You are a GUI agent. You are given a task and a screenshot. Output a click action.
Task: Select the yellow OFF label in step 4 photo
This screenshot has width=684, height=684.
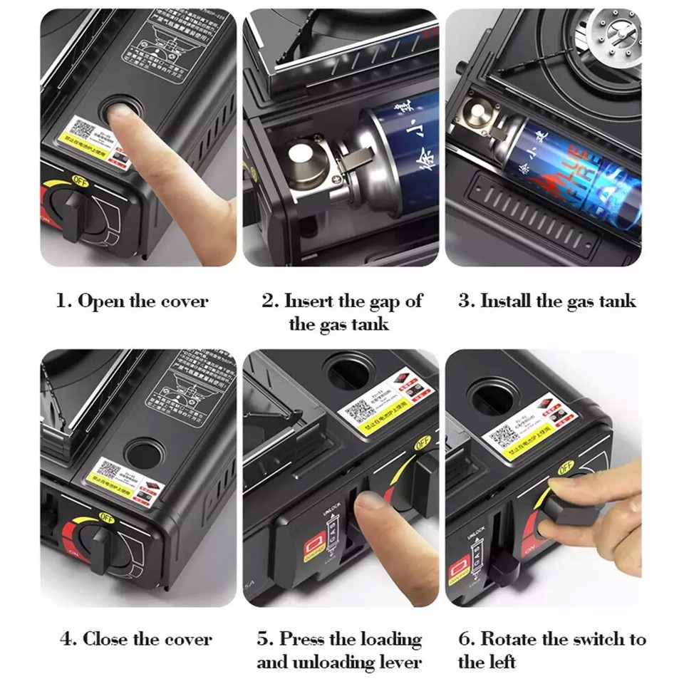106,517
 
